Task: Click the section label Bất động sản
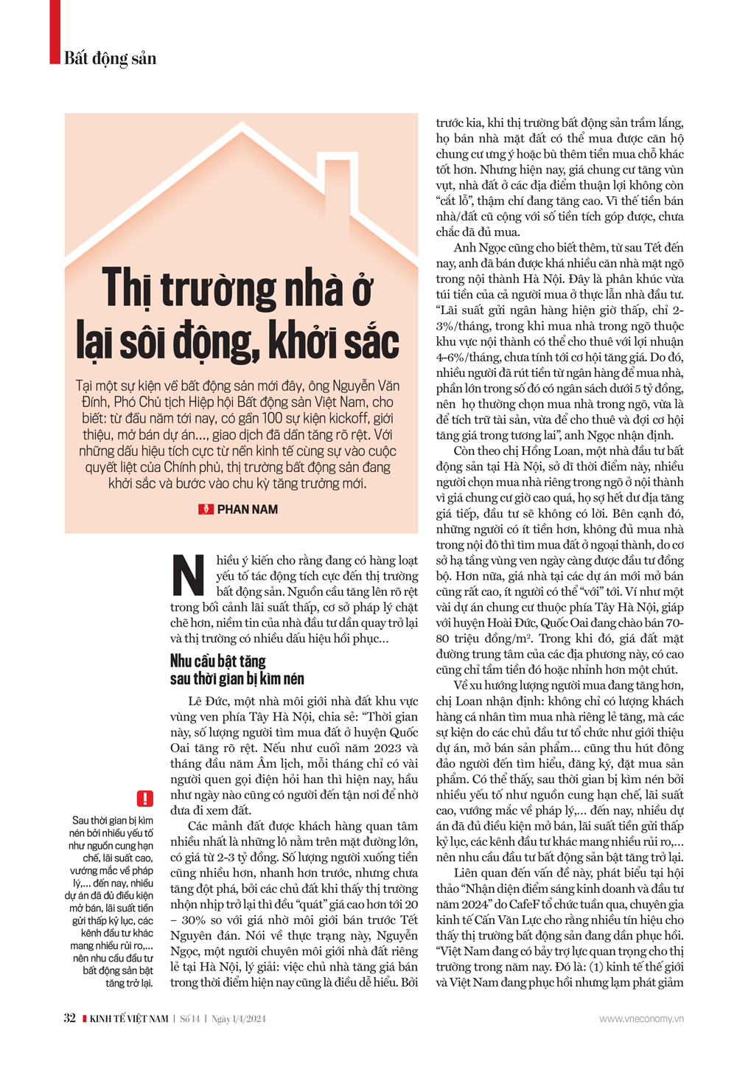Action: click(x=110, y=58)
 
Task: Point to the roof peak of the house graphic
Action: click(x=242, y=130)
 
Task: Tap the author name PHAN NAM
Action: click(x=248, y=510)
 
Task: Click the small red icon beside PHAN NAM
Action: click(x=206, y=510)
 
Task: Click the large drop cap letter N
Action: click(x=189, y=576)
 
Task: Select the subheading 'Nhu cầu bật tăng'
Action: click(x=218, y=661)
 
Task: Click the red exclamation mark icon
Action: click(x=145, y=798)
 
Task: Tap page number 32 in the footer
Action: click(x=69, y=1018)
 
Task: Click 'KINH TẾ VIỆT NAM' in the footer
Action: click(x=128, y=1019)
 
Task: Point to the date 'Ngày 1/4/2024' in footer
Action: click(x=239, y=1019)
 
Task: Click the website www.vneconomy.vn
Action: click(x=641, y=1019)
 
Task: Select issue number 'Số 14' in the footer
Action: click(x=190, y=1019)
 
